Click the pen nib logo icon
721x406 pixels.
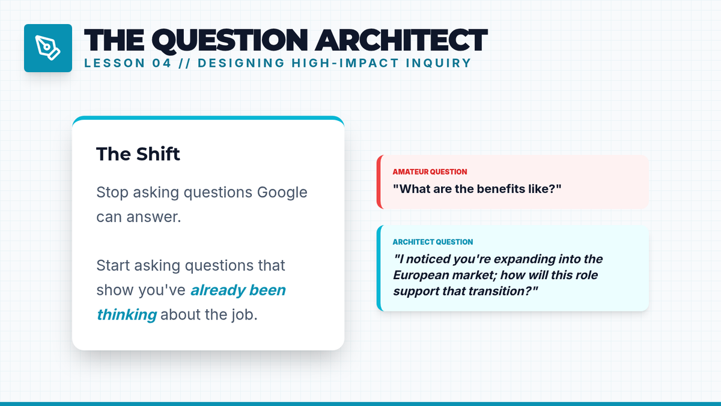(48, 48)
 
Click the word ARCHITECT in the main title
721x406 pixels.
(401, 40)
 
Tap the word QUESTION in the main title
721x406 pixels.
(230, 41)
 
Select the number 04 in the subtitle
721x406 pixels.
(162, 63)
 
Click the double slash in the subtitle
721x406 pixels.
(185, 63)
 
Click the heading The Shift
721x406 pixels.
(138, 154)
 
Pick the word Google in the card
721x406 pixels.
(282, 192)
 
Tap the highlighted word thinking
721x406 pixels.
(127, 315)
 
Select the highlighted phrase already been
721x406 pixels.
(238, 290)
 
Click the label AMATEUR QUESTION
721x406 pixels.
(430, 172)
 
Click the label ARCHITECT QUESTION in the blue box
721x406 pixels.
(433, 242)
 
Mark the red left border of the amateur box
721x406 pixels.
(379, 182)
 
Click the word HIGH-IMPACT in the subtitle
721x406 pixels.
(345, 63)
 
